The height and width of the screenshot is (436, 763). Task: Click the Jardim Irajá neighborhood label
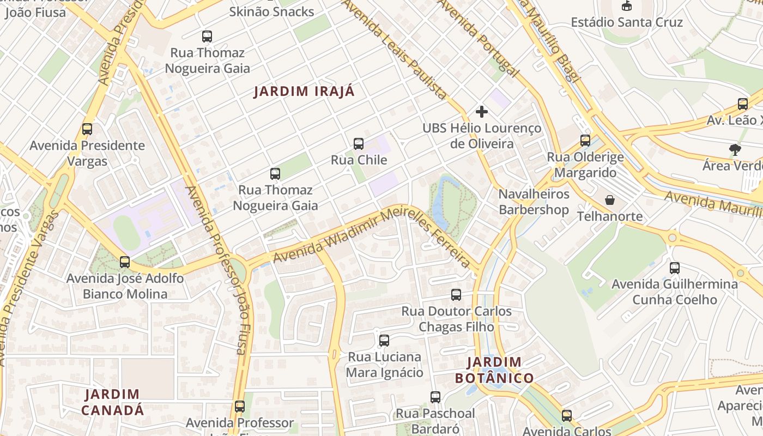pyautogui.click(x=304, y=92)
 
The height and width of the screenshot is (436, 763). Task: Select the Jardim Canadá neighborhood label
pyautogui.click(x=115, y=402)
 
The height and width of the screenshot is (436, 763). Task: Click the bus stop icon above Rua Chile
pyautogui.click(x=359, y=144)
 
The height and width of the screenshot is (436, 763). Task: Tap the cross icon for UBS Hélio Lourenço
pyautogui.click(x=482, y=112)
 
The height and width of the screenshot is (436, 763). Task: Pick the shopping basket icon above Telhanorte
pyautogui.click(x=610, y=200)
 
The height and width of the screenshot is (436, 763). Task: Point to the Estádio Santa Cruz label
pyautogui.click(x=627, y=22)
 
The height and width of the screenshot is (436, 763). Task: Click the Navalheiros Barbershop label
pyautogui.click(x=534, y=202)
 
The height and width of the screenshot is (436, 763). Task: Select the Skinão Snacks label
pyautogui.click(x=271, y=11)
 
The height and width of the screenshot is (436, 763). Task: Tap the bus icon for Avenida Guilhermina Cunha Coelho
pyautogui.click(x=675, y=268)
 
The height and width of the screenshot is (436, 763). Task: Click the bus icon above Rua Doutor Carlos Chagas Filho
pyautogui.click(x=456, y=295)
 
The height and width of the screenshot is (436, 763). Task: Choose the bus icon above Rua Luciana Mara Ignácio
pyautogui.click(x=384, y=341)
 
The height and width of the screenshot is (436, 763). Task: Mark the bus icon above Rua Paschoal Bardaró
pyautogui.click(x=435, y=397)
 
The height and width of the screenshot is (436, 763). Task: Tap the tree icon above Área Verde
pyautogui.click(x=735, y=149)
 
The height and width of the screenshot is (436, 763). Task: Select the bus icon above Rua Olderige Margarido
pyautogui.click(x=585, y=141)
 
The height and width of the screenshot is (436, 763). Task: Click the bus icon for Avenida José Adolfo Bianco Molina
pyautogui.click(x=125, y=262)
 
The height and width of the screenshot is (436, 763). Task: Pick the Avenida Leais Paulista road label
pyautogui.click(x=395, y=49)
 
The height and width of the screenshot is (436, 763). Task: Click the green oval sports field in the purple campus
pyautogui.click(x=127, y=232)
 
